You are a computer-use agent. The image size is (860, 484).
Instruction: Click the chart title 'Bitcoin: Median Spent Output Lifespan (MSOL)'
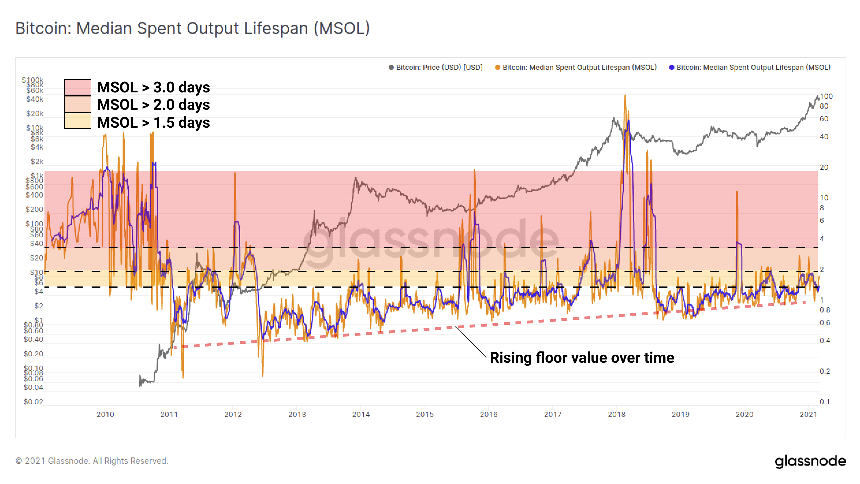tap(193, 28)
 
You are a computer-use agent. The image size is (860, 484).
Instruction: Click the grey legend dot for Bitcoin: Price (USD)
tap(391, 67)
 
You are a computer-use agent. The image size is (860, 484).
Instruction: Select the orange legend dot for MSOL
tap(498, 67)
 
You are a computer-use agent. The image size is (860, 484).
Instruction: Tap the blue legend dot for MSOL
tap(671, 67)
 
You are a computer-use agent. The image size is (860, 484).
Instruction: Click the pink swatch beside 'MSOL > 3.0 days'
tap(77, 87)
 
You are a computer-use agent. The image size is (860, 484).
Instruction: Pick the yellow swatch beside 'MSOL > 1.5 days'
tap(77, 121)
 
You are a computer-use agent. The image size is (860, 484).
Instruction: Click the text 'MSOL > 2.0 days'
tap(153, 105)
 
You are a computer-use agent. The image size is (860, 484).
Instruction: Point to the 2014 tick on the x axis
tap(361, 414)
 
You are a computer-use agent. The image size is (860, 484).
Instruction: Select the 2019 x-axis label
tap(680, 414)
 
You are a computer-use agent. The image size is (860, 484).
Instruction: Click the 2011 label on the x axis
tap(169, 414)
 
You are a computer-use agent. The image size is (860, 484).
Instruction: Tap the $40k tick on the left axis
tap(35, 99)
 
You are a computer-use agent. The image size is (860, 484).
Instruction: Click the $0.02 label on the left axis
tap(33, 402)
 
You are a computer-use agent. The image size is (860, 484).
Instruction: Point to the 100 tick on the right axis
tap(826, 96)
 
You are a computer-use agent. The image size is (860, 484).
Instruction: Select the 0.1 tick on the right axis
tap(824, 402)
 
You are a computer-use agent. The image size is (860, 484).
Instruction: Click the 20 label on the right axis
tap(824, 167)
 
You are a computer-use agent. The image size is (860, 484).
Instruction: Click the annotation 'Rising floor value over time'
tap(582, 358)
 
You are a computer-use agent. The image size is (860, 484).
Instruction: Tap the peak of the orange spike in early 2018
tap(625, 96)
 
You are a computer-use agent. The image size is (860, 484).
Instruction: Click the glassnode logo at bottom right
tap(810, 461)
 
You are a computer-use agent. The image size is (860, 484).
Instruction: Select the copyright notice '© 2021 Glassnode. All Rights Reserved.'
tap(92, 461)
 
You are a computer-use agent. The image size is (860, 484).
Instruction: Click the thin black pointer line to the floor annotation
tap(471, 342)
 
